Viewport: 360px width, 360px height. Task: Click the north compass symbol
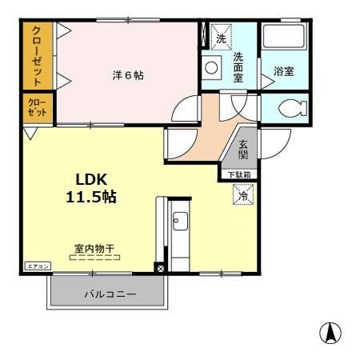330,332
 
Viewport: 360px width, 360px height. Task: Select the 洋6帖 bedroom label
127,76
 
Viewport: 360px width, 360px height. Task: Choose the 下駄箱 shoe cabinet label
238,174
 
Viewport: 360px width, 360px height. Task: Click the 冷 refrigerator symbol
242,193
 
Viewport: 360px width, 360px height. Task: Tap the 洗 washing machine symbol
221,37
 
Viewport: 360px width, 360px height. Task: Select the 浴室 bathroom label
283,71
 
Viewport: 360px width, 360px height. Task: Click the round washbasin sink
210,69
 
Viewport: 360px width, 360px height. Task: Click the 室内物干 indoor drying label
94,248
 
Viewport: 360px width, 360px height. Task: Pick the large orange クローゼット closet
38,56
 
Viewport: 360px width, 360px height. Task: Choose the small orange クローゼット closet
37,108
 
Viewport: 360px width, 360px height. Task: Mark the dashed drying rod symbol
94,258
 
